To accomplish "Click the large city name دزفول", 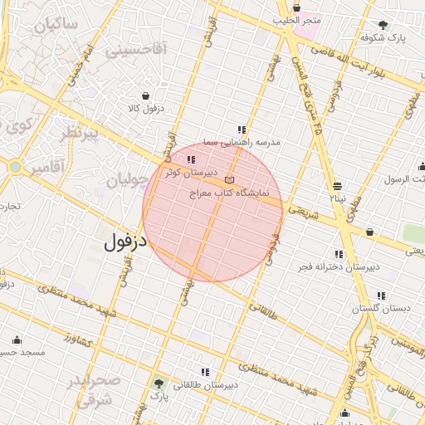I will point(125,242).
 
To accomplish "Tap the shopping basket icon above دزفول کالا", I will point(146,95).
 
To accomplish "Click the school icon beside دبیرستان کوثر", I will point(192,159).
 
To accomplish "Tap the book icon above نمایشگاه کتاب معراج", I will point(229,179).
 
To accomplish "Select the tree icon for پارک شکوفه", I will point(383,25).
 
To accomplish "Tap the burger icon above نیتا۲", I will point(336,187).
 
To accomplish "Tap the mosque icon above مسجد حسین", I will point(17,340).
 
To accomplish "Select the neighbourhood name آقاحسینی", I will point(135,51).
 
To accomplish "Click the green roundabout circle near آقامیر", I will point(15,167).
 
